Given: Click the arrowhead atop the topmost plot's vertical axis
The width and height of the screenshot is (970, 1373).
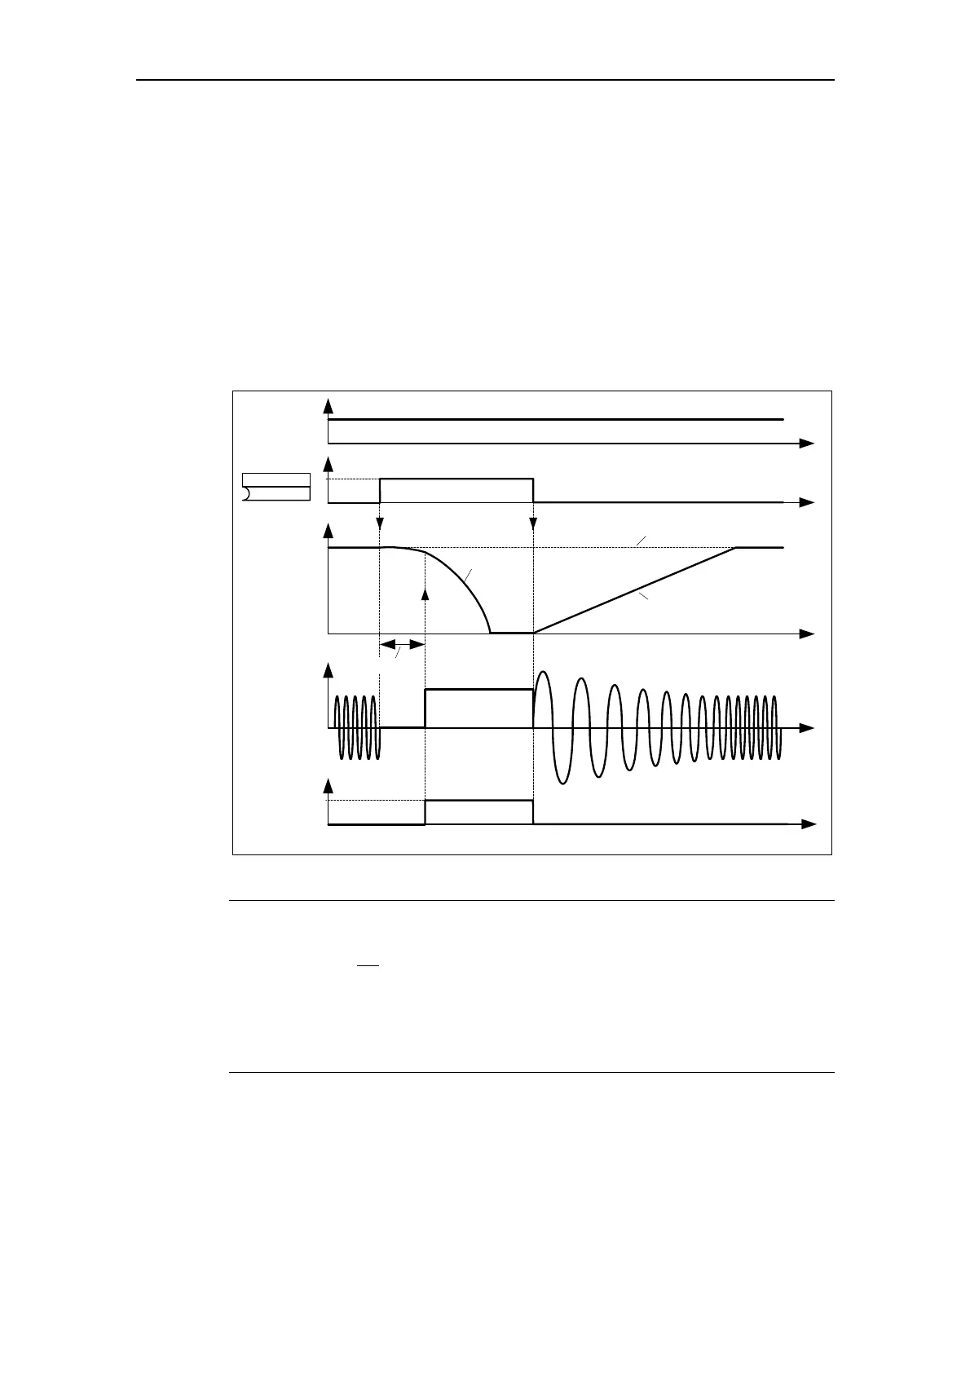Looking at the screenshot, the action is pos(328,404).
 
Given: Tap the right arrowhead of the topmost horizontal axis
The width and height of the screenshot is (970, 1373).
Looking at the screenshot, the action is pos(807,443).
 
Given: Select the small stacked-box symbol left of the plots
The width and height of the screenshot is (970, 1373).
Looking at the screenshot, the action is pos(276,486).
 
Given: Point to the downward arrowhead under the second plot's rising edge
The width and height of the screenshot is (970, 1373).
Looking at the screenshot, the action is pos(381,523).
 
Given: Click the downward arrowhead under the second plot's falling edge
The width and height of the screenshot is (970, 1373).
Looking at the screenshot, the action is pos(533,523).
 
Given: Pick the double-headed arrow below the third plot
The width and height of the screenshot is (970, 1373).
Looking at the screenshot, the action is pos(403,645).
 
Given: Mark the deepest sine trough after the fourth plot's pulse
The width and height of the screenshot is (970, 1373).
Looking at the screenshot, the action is pos(561,781).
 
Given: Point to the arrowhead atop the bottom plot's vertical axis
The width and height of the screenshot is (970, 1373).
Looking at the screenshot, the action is pos(328,784).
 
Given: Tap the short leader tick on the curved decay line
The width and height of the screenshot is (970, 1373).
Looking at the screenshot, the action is pos(468,576).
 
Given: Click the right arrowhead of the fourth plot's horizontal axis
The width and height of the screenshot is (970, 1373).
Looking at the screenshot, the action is pos(807,727).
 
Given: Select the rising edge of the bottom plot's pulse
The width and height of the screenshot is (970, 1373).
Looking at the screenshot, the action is pos(425,812).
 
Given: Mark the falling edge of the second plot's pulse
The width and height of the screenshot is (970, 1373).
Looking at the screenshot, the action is pos(533,491).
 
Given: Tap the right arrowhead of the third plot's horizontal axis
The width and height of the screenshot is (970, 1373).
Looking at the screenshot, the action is pos(807,634).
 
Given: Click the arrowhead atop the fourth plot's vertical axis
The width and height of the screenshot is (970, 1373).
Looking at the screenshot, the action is pos(328,670).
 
